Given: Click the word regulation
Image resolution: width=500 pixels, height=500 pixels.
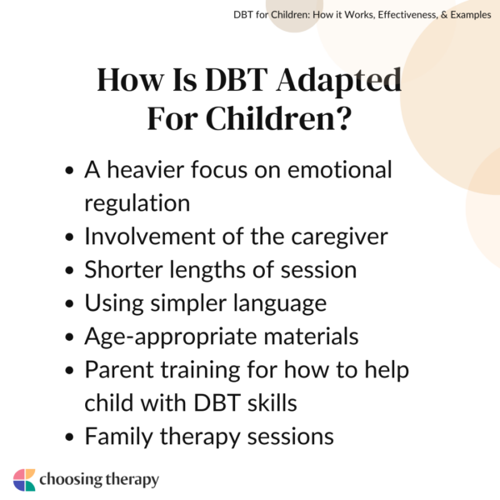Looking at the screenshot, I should (x=137, y=202).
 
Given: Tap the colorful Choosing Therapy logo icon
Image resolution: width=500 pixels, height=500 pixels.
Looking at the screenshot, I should (x=24, y=479).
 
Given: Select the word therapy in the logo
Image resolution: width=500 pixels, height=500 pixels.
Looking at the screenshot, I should (x=132, y=480).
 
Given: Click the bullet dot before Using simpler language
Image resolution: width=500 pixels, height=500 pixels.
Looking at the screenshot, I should (x=71, y=304).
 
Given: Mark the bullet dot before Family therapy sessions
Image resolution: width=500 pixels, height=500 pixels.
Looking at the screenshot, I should (x=71, y=437).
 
